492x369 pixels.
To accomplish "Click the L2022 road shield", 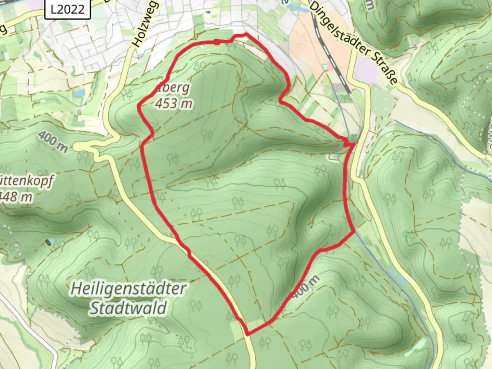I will point(68,9).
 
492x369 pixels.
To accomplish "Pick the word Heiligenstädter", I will point(128,289).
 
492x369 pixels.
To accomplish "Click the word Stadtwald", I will point(128,308).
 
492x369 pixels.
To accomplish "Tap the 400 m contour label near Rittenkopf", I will point(53,141).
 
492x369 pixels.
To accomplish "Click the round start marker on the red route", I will point(217,42).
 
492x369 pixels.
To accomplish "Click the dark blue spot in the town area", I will point(208,13).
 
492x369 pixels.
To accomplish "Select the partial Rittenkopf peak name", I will point(27,181).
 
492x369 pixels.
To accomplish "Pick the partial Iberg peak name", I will point(176,88).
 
